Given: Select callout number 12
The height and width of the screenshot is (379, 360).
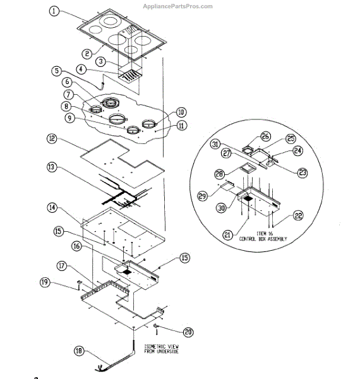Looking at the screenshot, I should point(52,138).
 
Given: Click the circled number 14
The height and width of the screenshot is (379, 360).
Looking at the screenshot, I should point(52,207).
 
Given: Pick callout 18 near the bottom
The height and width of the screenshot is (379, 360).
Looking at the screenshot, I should point(79,351).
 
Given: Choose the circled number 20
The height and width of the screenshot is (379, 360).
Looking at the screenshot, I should point(188,332).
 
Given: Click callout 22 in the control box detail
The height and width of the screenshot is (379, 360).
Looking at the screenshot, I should point(297,217).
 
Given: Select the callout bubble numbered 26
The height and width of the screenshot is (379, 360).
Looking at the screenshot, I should point(265,136).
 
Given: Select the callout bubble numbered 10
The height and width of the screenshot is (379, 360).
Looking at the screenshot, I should point(181,112).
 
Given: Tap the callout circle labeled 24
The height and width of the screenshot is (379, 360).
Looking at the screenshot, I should point(296,151).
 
